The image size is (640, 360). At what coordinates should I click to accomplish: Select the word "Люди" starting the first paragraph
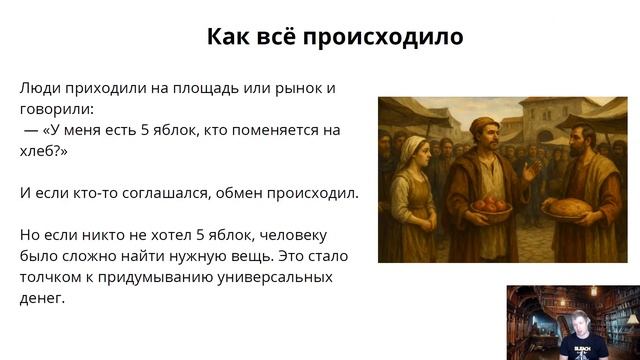point(39,88)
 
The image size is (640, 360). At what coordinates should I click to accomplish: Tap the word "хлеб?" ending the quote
point(41,150)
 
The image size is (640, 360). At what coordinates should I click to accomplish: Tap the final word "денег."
point(42,297)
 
